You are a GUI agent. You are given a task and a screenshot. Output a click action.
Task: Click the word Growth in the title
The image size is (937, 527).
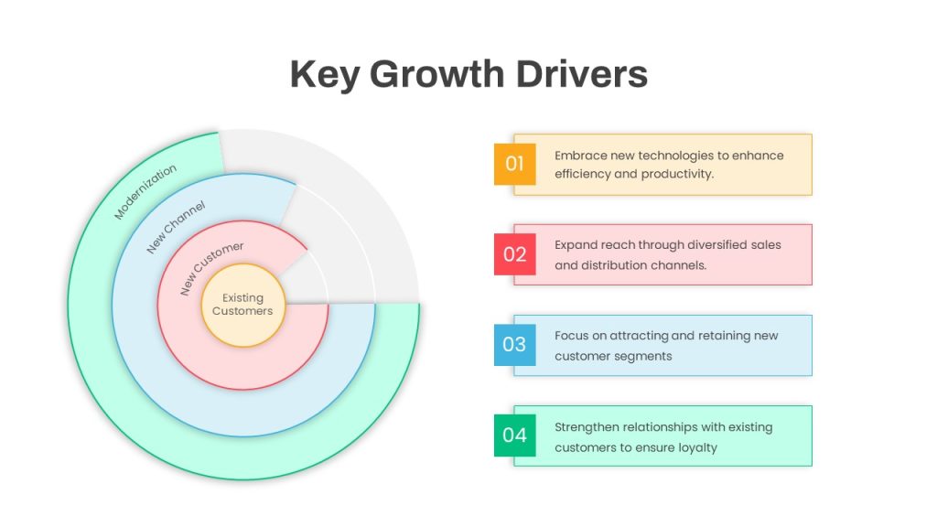(436, 75)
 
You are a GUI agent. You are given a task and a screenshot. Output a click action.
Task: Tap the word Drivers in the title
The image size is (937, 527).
(581, 74)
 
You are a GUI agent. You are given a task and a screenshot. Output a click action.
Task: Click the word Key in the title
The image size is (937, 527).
(325, 75)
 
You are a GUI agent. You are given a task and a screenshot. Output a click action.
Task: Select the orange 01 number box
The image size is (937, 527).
(514, 164)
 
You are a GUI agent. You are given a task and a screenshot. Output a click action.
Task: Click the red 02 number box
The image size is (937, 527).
(514, 254)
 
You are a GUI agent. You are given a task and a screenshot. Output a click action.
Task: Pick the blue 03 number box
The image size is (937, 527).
(514, 345)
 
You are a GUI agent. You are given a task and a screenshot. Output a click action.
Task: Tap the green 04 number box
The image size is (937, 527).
(514, 436)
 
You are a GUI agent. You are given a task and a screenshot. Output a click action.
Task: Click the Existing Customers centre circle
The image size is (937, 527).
(242, 305)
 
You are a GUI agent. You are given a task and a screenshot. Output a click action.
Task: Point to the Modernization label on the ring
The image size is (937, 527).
(145, 191)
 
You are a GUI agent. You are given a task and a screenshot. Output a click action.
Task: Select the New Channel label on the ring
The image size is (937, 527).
(177, 227)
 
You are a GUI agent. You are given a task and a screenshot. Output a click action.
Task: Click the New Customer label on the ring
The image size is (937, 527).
(211, 268)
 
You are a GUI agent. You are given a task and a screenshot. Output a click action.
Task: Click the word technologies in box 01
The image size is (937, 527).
(676, 156)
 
